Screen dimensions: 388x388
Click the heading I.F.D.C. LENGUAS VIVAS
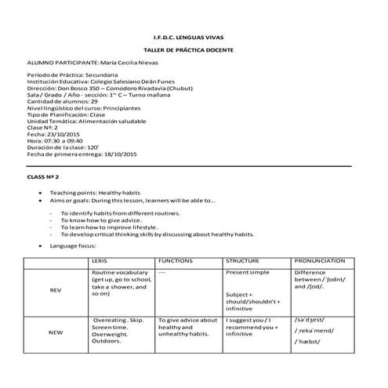[193, 37]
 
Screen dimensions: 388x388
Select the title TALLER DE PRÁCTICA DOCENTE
[193, 49]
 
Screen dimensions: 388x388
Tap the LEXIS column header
[100, 260]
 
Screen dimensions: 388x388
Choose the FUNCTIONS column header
[176, 260]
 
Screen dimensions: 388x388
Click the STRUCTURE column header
[245, 260]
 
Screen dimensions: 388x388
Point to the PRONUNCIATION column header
[320, 260]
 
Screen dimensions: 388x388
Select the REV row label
[55, 289]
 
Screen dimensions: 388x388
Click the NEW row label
[55, 333]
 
